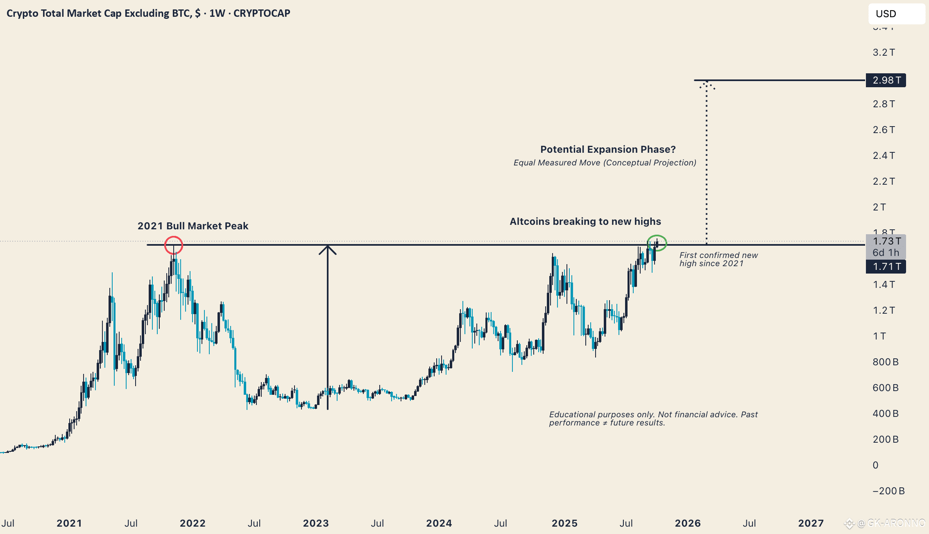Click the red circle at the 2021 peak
[x=174, y=245]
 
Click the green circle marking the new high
[x=657, y=243]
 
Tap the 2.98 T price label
[x=886, y=80]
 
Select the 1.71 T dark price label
[x=886, y=267]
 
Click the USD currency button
[x=896, y=14]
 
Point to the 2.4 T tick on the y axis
[x=884, y=156]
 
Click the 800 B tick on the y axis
[x=885, y=362]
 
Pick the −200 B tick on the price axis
[x=888, y=491]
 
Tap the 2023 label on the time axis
[x=316, y=523]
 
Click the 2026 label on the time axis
[x=688, y=523]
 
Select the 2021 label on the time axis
[x=69, y=523]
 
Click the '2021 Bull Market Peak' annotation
[x=193, y=226]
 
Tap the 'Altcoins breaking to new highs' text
[x=585, y=222]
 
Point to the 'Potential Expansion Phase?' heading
[x=608, y=149]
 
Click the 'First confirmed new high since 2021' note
[x=718, y=259]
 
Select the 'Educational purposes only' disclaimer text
[x=653, y=419]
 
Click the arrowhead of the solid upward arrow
[x=328, y=249]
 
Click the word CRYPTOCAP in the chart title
[x=262, y=14]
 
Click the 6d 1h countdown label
[x=886, y=253]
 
